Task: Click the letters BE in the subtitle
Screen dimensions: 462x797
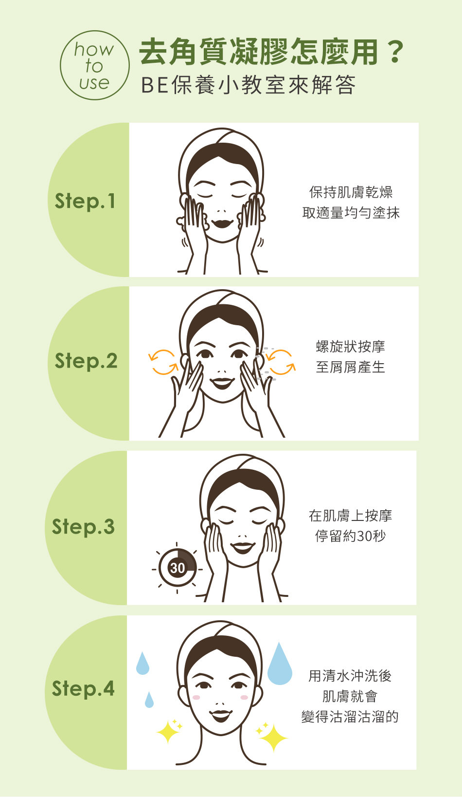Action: point(155,85)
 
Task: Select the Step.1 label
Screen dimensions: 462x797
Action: point(85,202)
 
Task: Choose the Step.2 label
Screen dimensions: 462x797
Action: point(86,361)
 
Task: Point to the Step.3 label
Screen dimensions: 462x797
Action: point(83,527)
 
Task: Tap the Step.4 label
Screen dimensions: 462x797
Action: point(83,689)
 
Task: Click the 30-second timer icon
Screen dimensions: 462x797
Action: point(177,568)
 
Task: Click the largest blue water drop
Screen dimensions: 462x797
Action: point(280,664)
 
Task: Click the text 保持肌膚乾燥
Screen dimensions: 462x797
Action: point(351,192)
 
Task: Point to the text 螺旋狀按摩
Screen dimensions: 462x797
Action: point(351,347)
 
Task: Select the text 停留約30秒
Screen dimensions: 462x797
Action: point(351,536)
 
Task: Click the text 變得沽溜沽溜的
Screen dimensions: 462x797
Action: point(350,717)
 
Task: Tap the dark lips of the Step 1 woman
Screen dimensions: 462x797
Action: point(222,224)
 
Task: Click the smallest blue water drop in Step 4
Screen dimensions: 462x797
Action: point(149,700)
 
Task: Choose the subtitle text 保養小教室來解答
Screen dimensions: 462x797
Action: point(264,85)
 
